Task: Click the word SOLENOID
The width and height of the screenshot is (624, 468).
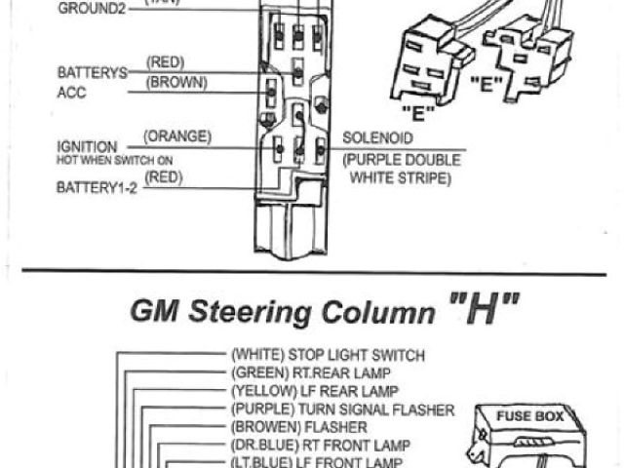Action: pyautogui.click(x=376, y=139)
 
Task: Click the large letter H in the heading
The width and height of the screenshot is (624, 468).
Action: pyautogui.click(x=484, y=311)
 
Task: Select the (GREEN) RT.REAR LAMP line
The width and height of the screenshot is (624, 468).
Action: pyautogui.click(x=316, y=373)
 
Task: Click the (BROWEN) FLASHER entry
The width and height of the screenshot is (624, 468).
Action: pyautogui.click(x=298, y=427)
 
